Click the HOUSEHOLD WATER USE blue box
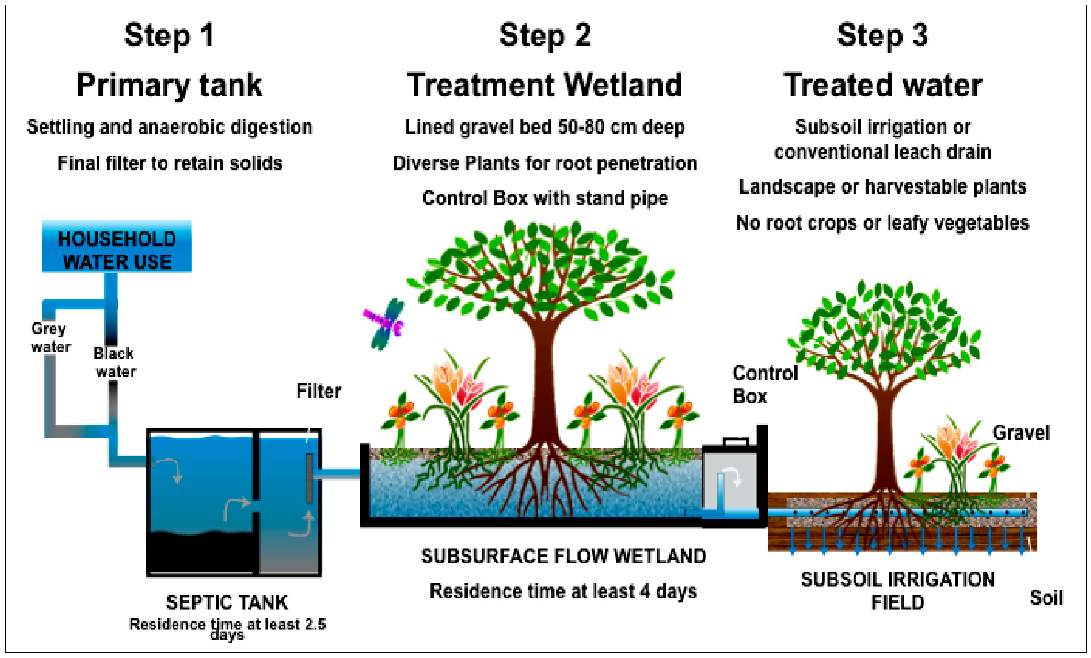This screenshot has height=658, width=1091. [x=117, y=246]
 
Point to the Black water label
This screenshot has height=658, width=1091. [x=114, y=362]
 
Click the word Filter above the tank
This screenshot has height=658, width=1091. [x=318, y=391]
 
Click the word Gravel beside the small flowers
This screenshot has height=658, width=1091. [x=1021, y=433]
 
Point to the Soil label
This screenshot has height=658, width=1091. [x=1045, y=598]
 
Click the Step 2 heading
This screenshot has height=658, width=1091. [x=545, y=35]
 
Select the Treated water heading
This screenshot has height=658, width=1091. [x=882, y=85]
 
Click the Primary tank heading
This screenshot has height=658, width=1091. [x=169, y=85]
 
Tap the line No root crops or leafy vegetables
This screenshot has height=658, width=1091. [x=882, y=223]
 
